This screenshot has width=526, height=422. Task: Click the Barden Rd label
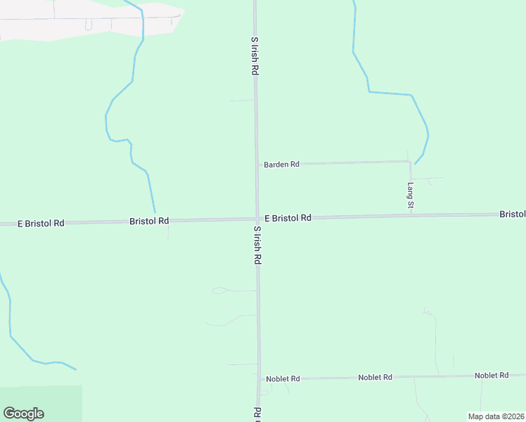pyautogui.click(x=281, y=164)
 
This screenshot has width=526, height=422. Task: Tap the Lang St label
pyautogui.click(x=411, y=196)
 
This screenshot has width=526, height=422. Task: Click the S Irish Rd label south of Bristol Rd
pyautogui.click(x=257, y=245)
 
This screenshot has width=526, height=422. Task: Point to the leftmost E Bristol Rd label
pyautogui.click(x=41, y=223)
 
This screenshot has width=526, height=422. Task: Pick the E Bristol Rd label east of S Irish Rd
pyautogui.click(x=288, y=218)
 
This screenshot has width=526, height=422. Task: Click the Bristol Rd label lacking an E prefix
pyautogui.click(x=149, y=221)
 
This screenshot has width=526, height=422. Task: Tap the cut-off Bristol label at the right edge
pyautogui.click(x=513, y=213)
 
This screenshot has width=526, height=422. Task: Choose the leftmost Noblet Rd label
pyautogui.click(x=283, y=379)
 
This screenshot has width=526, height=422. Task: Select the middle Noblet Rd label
pyautogui.click(x=375, y=378)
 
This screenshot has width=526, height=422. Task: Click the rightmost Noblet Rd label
pyautogui.click(x=492, y=376)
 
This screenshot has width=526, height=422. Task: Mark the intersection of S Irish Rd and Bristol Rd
pyautogui.click(x=257, y=219)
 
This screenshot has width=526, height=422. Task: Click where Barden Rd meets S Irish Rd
pyautogui.click(x=256, y=165)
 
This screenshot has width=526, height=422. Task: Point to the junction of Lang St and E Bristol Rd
pyautogui.click(x=411, y=215)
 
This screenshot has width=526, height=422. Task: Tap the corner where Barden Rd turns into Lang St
pyautogui.click(x=410, y=162)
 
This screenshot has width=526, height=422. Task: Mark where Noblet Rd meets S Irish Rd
pyautogui.click(x=259, y=379)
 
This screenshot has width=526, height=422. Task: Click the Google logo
pyautogui.click(x=23, y=414)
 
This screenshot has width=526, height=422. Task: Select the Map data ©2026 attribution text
pyautogui.click(x=495, y=416)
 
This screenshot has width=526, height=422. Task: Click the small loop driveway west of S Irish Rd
pyautogui.click(x=219, y=290)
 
